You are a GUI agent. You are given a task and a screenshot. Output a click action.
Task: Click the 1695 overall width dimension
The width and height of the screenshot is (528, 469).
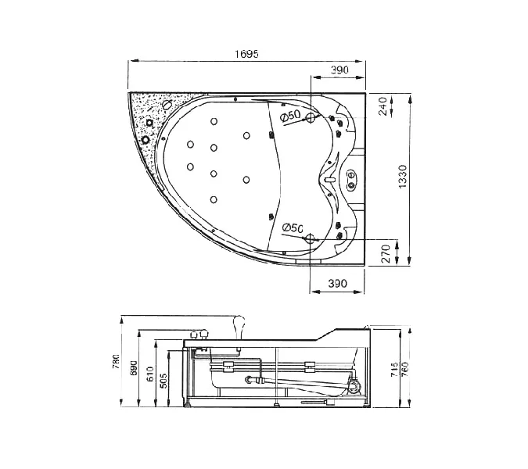[246, 54]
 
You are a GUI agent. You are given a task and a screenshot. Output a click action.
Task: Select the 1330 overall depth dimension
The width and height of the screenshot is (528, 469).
[402, 177]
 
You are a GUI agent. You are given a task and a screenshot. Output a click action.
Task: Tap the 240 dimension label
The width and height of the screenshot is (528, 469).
[383, 106]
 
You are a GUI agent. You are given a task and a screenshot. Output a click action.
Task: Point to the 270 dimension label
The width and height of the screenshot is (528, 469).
[386, 254]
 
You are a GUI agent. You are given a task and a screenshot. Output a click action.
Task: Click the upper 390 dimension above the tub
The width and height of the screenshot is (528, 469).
[339, 70]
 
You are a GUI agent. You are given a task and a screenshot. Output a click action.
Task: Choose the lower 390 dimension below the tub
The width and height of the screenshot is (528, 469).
[337, 284]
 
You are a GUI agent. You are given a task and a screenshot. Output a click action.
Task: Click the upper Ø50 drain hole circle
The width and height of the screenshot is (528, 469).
[310, 118]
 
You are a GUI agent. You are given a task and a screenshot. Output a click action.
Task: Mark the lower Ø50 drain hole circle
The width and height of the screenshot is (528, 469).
[310, 239]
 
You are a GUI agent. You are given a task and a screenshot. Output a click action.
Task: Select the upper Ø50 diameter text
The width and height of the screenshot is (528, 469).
[290, 116]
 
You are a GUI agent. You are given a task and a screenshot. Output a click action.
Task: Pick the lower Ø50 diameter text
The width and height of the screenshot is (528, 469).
[293, 227]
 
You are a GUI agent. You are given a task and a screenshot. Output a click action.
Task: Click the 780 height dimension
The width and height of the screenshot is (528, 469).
[116, 362]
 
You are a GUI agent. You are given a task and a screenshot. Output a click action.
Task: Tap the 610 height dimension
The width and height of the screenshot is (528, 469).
[150, 374]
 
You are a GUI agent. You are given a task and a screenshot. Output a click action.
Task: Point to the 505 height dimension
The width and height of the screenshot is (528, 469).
[163, 381]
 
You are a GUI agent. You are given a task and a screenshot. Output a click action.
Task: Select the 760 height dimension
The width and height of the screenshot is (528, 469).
[405, 369]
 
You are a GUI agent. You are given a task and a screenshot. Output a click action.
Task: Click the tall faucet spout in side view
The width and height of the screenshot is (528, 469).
[239, 327]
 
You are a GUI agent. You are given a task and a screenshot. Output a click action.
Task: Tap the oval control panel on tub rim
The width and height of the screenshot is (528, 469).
[351, 179]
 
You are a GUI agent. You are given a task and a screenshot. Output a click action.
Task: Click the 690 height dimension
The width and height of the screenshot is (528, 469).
[133, 367]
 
